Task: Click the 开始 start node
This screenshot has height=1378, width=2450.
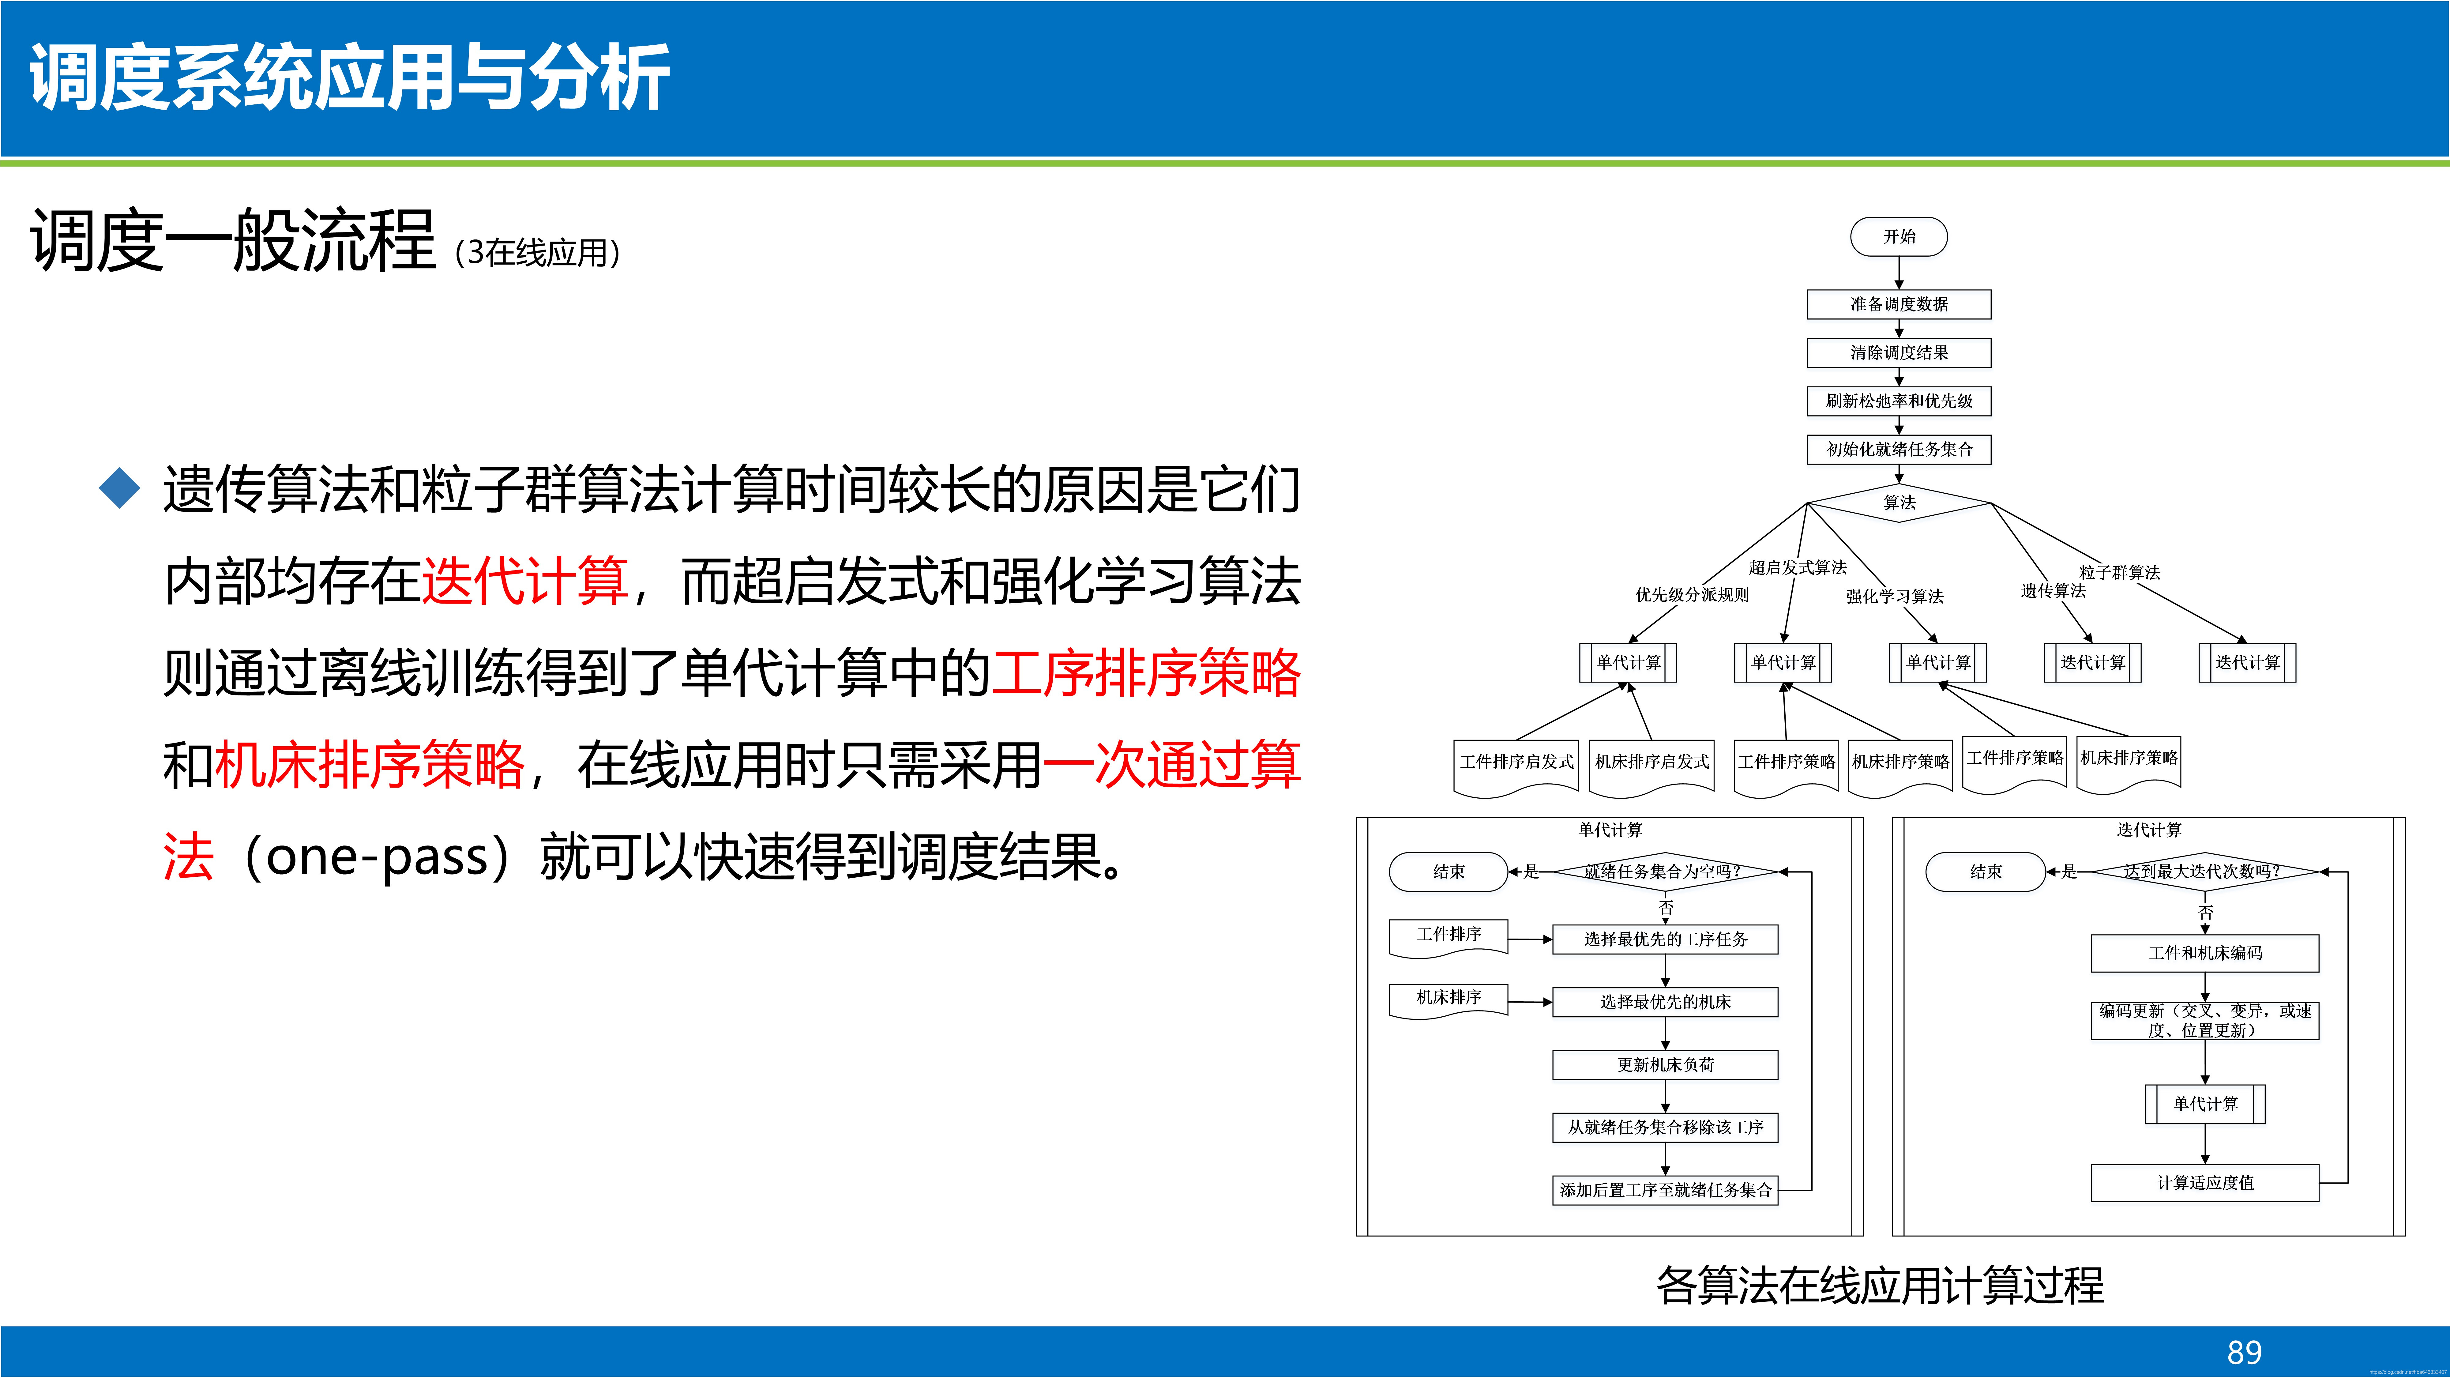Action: click(x=1898, y=237)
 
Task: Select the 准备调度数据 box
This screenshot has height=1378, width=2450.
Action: click(x=1898, y=304)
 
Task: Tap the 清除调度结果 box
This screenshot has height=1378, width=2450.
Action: click(x=1898, y=353)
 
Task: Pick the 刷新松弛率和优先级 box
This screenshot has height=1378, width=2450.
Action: click(x=1898, y=401)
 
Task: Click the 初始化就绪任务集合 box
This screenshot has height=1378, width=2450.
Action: click(x=1898, y=450)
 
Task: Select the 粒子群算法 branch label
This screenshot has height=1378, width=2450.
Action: click(x=2119, y=573)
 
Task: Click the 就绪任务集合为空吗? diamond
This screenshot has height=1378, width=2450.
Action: click(x=1664, y=871)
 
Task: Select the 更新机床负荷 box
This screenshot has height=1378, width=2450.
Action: click(x=1664, y=1065)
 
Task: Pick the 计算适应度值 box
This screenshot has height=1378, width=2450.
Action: click(x=2205, y=1183)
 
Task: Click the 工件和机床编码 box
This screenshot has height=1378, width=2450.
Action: click(x=2205, y=953)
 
